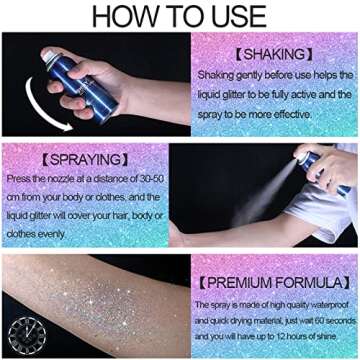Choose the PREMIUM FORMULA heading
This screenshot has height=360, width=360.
tap(269, 283)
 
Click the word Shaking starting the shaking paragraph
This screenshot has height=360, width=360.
tap(213, 74)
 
